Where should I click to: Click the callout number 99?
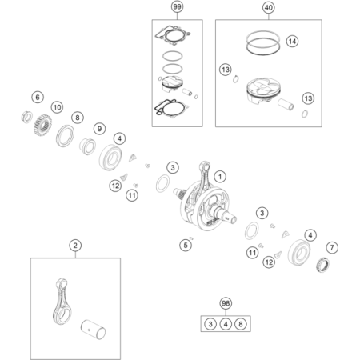(177, 6)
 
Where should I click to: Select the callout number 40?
(268, 7)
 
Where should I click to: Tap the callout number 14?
(292, 42)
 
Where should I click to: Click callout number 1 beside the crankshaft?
(220, 177)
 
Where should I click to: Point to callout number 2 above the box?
(75, 246)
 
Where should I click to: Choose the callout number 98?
(226, 303)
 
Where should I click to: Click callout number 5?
(186, 245)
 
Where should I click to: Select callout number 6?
(38, 98)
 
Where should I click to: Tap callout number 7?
(332, 248)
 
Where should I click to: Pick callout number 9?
(99, 129)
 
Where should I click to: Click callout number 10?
(57, 107)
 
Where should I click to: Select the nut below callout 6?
(26, 117)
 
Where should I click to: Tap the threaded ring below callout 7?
(322, 265)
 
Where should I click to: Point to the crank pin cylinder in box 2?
(94, 330)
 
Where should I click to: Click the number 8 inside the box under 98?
(241, 324)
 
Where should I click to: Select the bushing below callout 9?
(87, 146)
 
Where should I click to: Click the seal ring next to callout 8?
(65, 136)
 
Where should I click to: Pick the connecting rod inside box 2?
(62, 301)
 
